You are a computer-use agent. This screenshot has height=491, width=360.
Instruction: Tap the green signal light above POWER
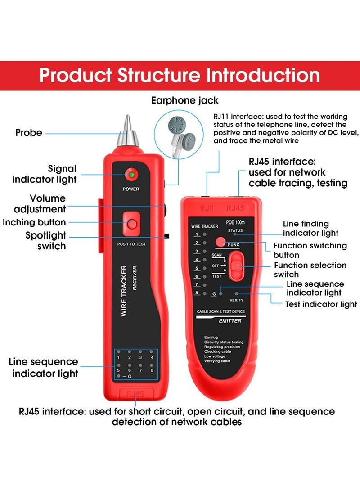click(x=132, y=175)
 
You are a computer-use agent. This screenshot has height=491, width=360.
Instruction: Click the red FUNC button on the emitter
click(x=220, y=242)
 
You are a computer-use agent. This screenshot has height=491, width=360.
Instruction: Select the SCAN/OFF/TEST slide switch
click(x=237, y=266)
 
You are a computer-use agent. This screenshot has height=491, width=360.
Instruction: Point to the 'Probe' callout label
click(x=29, y=133)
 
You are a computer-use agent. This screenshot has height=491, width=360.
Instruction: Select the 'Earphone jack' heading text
click(x=185, y=100)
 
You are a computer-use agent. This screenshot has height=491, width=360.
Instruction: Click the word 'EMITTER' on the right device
click(x=230, y=320)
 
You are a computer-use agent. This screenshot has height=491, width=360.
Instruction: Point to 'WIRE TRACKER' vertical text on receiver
click(x=124, y=291)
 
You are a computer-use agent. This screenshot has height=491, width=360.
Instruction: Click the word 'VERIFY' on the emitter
click(x=236, y=300)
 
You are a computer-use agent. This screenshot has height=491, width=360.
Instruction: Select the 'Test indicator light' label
click(x=321, y=305)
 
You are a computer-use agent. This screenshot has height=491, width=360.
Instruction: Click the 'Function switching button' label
click(x=310, y=250)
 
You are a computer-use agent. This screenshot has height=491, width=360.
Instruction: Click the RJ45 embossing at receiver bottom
click(x=135, y=394)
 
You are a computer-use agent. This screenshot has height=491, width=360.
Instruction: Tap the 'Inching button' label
click(x=34, y=222)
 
